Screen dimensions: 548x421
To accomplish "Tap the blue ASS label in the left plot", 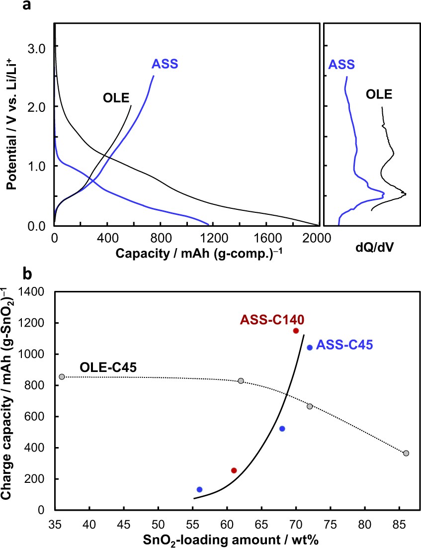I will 165,64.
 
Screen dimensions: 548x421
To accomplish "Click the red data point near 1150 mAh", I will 296,331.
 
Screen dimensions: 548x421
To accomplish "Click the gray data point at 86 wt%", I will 406,453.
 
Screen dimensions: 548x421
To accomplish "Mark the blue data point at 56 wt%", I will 200,489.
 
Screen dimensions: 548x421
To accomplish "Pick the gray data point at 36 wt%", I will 62,377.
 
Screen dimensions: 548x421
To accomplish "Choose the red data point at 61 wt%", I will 234,470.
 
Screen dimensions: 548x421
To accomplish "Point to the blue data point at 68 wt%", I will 282,429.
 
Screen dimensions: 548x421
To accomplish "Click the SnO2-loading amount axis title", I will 232,539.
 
